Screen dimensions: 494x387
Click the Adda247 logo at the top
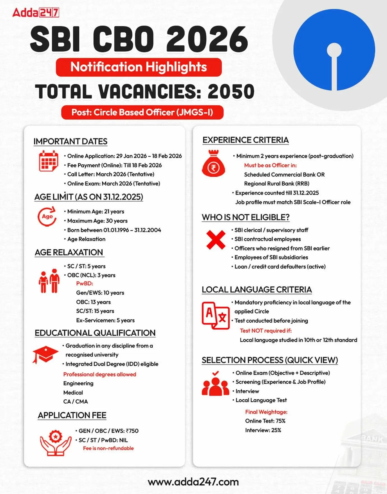[x=36, y=13]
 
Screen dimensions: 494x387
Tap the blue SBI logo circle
[x=334, y=50]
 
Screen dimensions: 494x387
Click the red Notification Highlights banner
[x=139, y=67]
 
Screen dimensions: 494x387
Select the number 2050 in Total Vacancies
[x=231, y=92]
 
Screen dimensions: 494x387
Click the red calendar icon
[x=48, y=161]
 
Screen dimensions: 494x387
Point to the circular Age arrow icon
[x=47, y=216]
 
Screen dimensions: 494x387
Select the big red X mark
[x=216, y=240]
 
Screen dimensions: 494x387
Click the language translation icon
[x=216, y=316]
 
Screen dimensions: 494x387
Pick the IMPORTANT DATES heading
[x=70, y=142]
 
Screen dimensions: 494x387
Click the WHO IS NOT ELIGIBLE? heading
[x=246, y=217]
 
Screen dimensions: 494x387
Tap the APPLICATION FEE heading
[x=72, y=415]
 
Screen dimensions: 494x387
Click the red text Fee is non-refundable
[x=108, y=448]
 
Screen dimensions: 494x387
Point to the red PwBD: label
[x=84, y=284]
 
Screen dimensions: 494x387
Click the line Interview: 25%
[x=263, y=430]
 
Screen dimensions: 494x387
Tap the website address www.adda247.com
[x=193, y=482]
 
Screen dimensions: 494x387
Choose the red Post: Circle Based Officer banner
[x=142, y=112]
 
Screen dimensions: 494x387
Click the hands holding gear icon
[x=56, y=442]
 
